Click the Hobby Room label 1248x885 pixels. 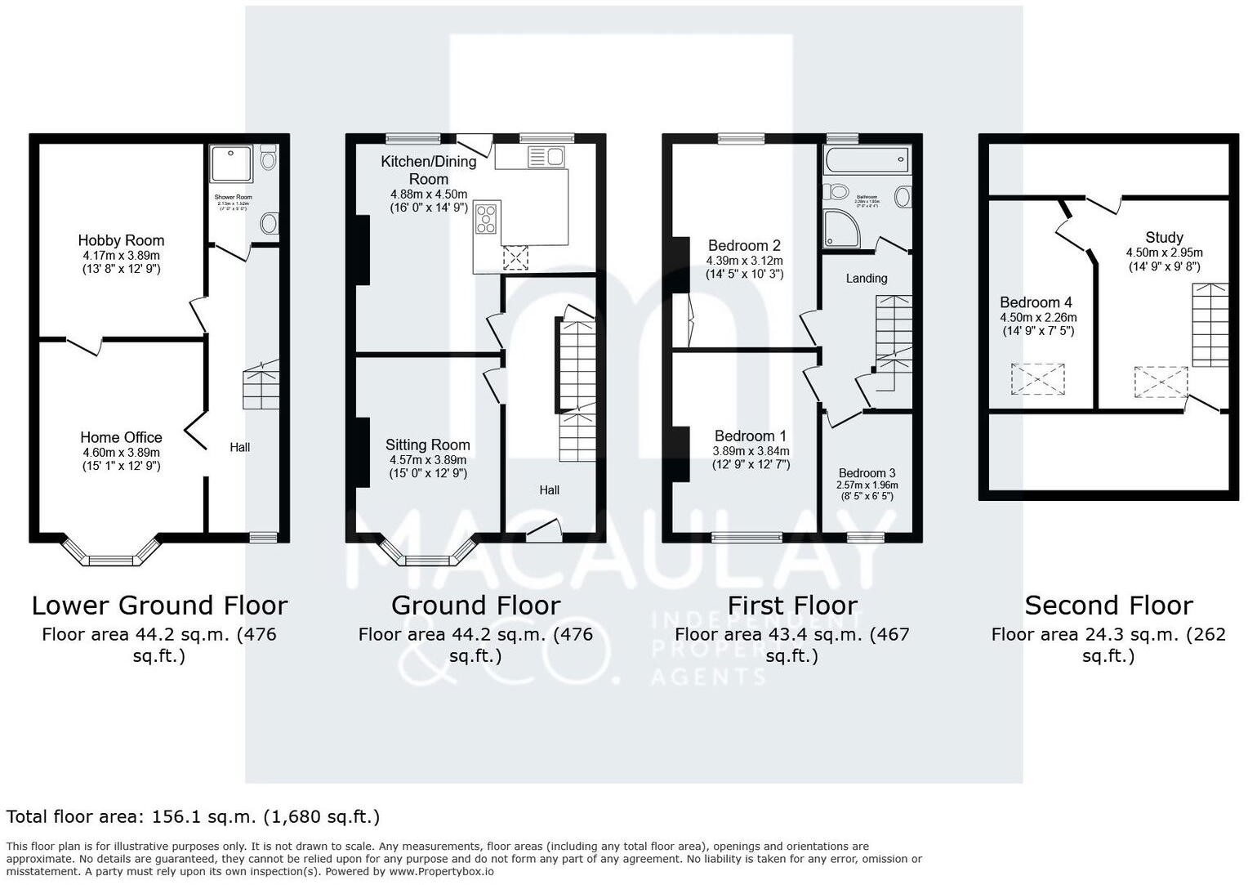(x=121, y=240)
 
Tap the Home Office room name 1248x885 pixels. (x=121, y=437)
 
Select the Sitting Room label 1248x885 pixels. (x=428, y=445)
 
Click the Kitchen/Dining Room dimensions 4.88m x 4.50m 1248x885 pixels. (x=429, y=194)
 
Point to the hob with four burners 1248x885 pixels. (x=487, y=219)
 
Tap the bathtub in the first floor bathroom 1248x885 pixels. (x=867, y=160)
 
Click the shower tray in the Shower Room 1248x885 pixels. (x=232, y=164)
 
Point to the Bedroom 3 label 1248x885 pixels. (x=867, y=473)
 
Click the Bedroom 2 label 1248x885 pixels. (x=744, y=245)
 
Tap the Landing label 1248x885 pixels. (x=867, y=278)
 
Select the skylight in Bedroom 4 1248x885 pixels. (x=1039, y=379)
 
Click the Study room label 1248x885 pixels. (x=1164, y=238)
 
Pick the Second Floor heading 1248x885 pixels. (x=1108, y=606)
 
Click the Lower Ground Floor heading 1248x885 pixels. (x=159, y=606)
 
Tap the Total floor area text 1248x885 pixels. (x=193, y=816)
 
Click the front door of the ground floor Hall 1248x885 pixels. (x=543, y=531)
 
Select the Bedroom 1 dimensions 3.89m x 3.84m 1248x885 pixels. (x=751, y=451)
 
